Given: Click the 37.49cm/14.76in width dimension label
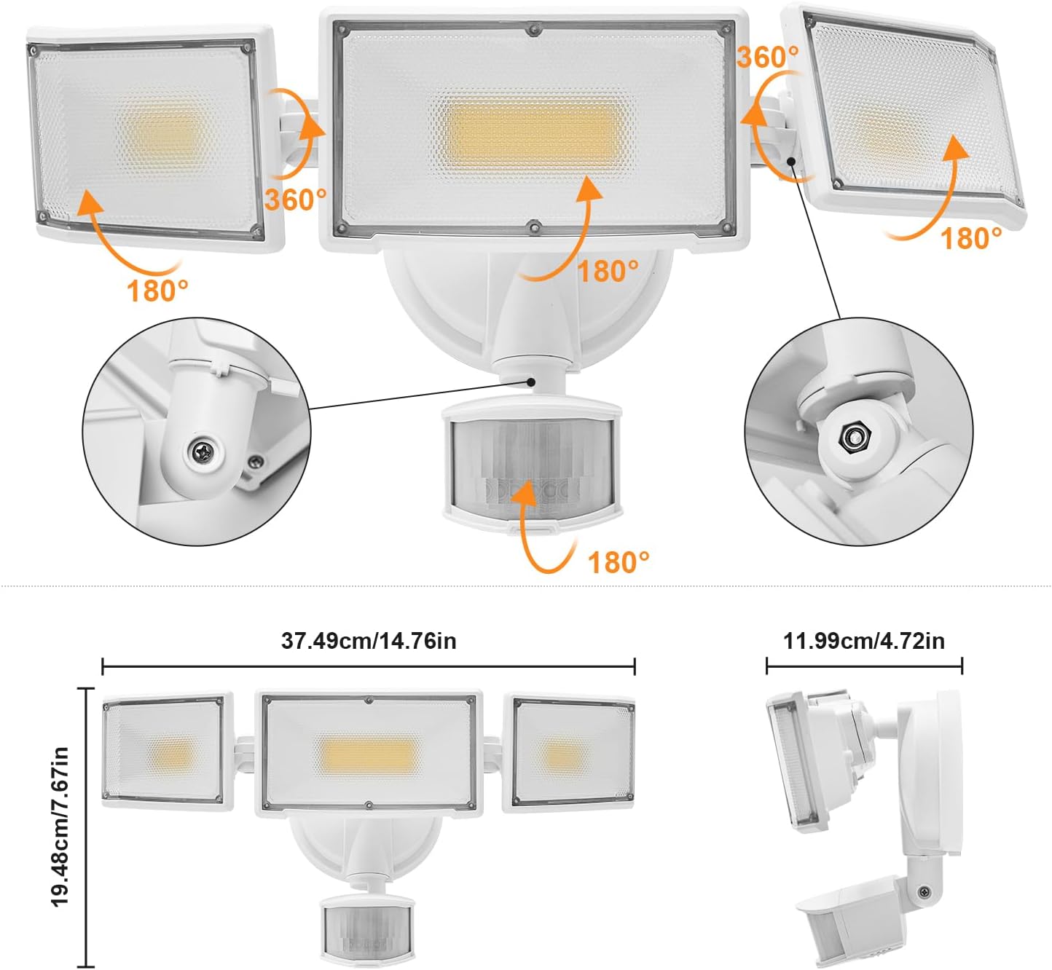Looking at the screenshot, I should point(369,641).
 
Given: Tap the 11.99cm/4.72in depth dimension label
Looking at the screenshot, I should point(864,641).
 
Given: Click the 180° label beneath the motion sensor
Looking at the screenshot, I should point(618,562).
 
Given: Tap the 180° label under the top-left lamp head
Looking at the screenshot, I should point(157,291).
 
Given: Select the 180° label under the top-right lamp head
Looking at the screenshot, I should point(971,238).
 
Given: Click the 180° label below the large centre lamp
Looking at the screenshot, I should point(608,272).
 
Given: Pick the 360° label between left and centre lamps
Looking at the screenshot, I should point(295,200).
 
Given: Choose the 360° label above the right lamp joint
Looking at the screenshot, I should point(767,56).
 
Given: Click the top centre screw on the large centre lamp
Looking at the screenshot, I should point(534,30).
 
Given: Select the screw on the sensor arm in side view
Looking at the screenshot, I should point(925,891).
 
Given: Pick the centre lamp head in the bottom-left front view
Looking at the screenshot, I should point(369,753).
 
